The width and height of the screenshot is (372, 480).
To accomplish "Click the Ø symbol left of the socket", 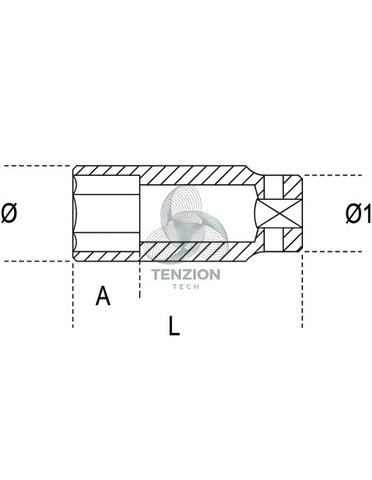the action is pyautogui.click(x=9, y=214).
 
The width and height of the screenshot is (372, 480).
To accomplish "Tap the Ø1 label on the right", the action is pyautogui.click(x=358, y=214).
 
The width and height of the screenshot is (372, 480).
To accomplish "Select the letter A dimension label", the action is pyautogui.click(x=103, y=295).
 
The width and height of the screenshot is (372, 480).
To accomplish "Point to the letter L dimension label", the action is pyautogui.click(x=174, y=325).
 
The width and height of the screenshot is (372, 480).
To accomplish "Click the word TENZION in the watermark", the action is pyautogui.click(x=186, y=275).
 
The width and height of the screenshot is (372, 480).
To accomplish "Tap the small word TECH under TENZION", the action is pyautogui.click(x=186, y=287).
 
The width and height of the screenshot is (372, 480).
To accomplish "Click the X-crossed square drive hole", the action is pyautogui.click(x=279, y=214).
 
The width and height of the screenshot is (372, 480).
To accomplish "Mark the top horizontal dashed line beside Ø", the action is pyautogui.click(x=37, y=166).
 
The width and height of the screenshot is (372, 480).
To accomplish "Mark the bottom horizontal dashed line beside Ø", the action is pyautogui.click(x=37, y=261).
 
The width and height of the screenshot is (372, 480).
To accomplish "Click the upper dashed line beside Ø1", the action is pyautogui.click(x=332, y=175).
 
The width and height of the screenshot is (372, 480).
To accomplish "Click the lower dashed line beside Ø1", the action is pyautogui.click(x=332, y=252).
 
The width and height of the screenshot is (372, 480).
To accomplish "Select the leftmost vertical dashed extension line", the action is pyautogui.click(x=73, y=295).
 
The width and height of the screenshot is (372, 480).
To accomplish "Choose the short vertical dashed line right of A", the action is pyautogui.click(x=140, y=279).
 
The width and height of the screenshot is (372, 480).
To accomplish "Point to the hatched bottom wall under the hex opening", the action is pyautogui.click(x=106, y=256).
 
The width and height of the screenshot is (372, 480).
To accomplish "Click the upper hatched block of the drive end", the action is pyautogui.click(x=292, y=187).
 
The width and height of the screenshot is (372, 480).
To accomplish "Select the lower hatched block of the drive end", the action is pyautogui.click(x=292, y=240).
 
